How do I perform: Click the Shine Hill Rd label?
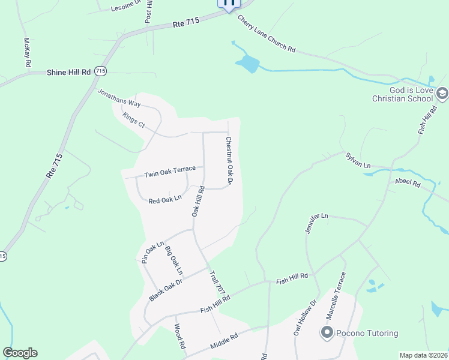[68, 72]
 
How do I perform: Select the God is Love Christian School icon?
[442, 93]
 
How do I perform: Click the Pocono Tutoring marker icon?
[327, 333]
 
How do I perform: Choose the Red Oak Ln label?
[165, 199]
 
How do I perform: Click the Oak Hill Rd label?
[199, 201]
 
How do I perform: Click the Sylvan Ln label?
[358, 160]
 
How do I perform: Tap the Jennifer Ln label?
[316, 223]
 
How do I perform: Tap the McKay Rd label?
[27, 52]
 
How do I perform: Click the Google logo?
[20, 353]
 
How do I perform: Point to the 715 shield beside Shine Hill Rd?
[101, 71]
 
